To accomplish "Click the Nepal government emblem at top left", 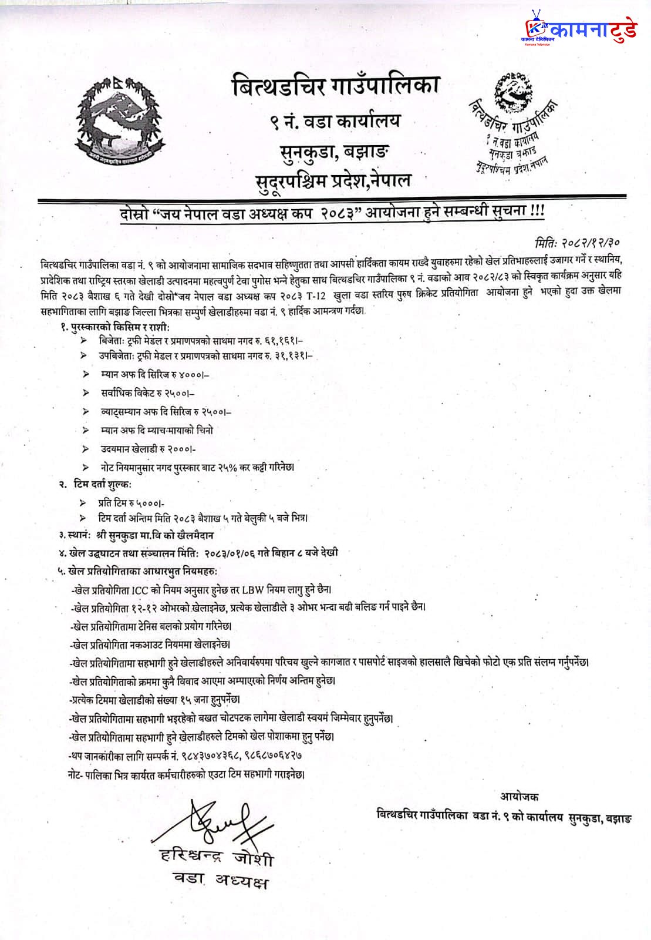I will pyautogui.click(x=118, y=122).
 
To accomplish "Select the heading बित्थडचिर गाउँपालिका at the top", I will pyautogui.click(x=335, y=86).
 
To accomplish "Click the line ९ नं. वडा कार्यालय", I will pyautogui.click(x=335, y=122).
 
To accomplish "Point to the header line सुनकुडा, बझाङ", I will pyautogui.click(x=335, y=152).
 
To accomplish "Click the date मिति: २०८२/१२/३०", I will pyautogui.click(x=578, y=242).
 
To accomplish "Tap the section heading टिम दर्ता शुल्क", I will pyautogui.click(x=102, y=484).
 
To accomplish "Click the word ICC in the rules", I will pyautogui.click(x=140, y=589).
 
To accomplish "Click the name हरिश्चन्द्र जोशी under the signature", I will pyautogui.click(x=217, y=857).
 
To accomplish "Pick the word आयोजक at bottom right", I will pyautogui.click(x=519, y=797).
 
